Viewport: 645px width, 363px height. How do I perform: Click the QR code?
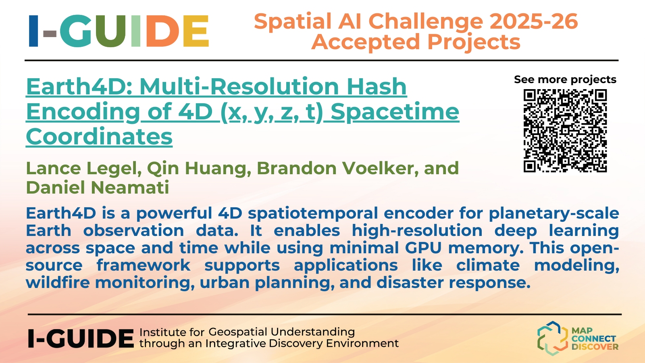click(x=565, y=131)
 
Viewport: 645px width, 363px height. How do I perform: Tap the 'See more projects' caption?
click(x=565, y=79)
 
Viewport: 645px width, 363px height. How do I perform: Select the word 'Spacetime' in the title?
click(x=395, y=112)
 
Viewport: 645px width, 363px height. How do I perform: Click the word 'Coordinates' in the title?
click(x=99, y=137)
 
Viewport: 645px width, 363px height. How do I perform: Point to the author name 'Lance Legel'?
click(x=84, y=169)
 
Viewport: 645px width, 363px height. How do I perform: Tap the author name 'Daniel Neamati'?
click(x=98, y=188)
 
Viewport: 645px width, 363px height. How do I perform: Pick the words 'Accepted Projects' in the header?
click(x=416, y=42)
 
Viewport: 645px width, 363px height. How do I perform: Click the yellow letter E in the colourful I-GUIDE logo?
click(x=196, y=31)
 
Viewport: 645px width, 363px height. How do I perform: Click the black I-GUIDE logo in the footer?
click(x=81, y=338)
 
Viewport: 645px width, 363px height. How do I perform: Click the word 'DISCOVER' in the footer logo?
click(x=595, y=346)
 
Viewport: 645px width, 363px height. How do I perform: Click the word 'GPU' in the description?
click(x=423, y=248)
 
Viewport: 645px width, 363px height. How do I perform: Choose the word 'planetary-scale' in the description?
click(x=554, y=213)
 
